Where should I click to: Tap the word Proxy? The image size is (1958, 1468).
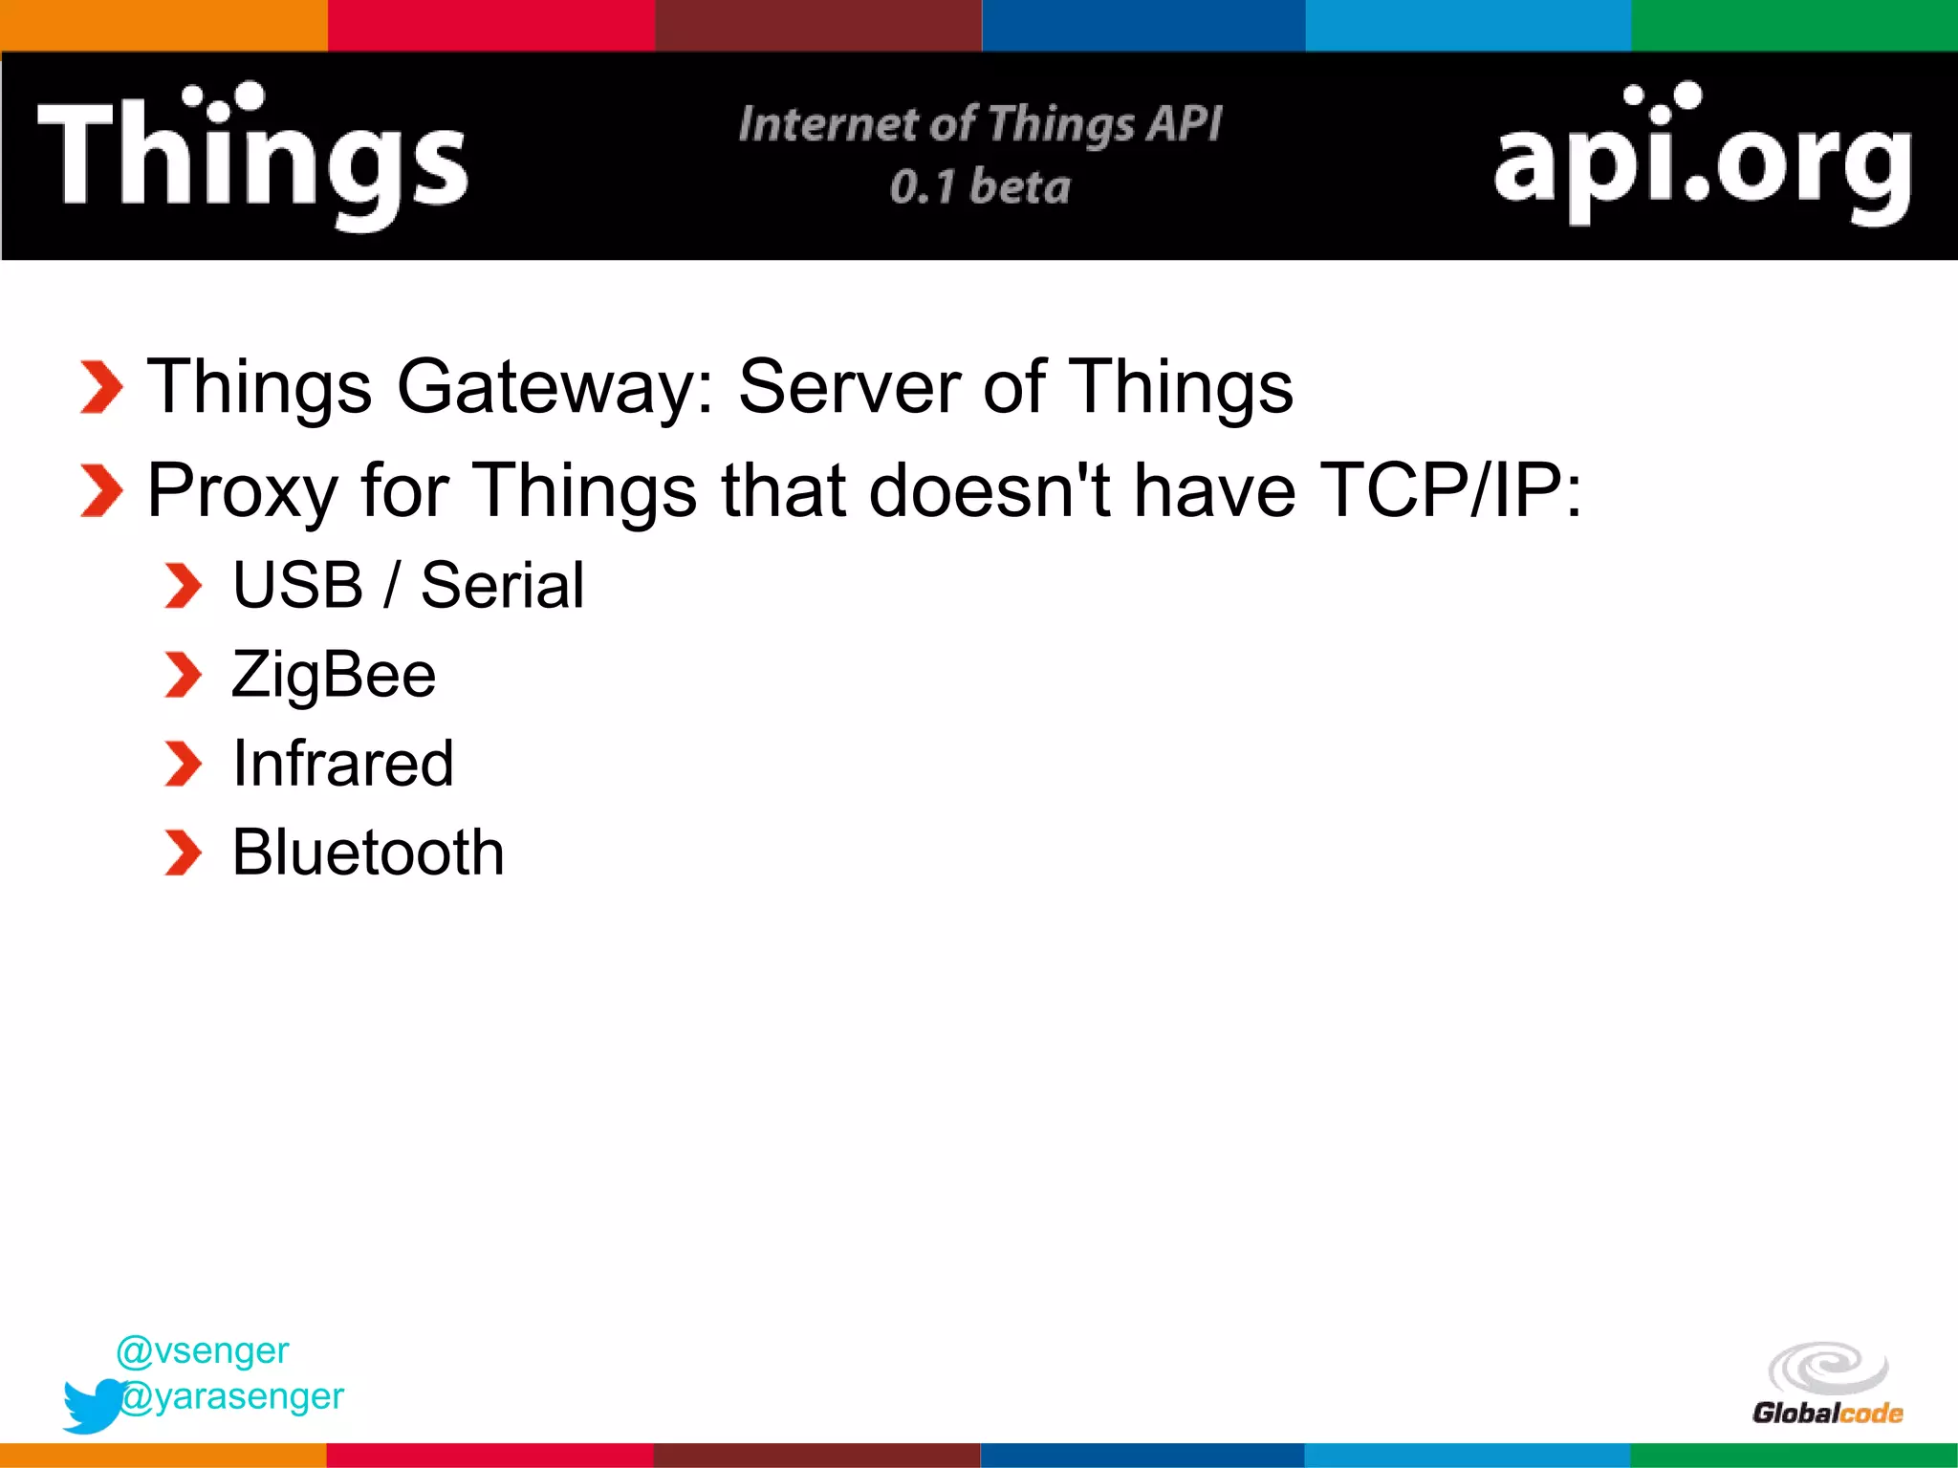click(x=242, y=491)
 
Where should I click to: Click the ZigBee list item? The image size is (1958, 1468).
click(x=334, y=675)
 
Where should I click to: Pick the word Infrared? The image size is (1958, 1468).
click(x=343, y=764)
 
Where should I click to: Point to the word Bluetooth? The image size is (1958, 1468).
click(x=368, y=853)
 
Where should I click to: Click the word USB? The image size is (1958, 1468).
click(x=297, y=585)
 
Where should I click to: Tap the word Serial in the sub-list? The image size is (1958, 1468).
click(x=502, y=585)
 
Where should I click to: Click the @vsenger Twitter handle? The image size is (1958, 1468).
click(x=202, y=1350)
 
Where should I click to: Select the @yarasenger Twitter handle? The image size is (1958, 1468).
click(x=232, y=1396)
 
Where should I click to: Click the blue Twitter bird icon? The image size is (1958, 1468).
click(x=93, y=1405)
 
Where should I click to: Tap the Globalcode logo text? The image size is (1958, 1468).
click(x=1827, y=1413)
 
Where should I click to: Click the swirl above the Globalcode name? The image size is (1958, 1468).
click(x=1827, y=1368)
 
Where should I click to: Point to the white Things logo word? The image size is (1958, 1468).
click(x=252, y=156)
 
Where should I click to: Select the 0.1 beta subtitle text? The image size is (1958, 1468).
click(x=980, y=186)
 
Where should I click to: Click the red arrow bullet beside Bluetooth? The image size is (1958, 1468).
click(x=183, y=853)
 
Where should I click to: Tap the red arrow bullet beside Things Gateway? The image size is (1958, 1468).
click(x=101, y=387)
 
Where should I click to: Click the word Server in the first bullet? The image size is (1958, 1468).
click(x=849, y=387)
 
